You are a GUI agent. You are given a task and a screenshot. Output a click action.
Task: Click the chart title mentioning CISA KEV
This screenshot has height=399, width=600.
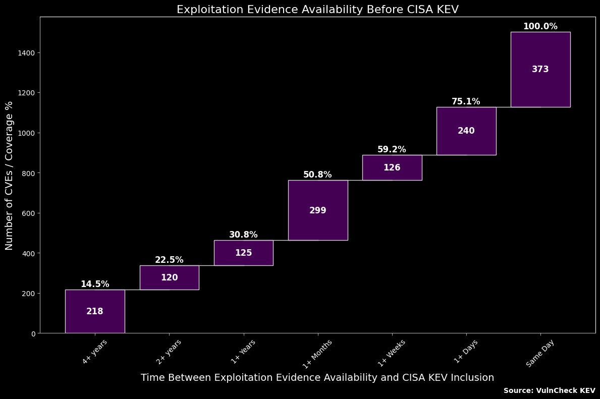pos(317,10)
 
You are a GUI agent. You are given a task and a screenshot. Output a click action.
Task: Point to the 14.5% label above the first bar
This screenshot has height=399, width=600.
pos(95,284)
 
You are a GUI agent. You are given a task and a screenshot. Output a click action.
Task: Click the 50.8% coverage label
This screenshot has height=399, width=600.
pos(317,175)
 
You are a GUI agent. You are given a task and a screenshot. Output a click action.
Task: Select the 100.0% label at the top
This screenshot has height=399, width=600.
pos(540,26)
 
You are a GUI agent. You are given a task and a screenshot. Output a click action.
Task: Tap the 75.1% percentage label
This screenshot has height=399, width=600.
pos(466,101)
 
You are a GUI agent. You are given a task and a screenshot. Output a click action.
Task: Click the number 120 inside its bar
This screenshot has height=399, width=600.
pos(169,277)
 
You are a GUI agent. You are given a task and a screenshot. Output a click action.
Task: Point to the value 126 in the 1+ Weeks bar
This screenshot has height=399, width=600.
pos(392,167)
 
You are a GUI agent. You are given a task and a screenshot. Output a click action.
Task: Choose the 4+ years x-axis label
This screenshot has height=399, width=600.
pos(94,352)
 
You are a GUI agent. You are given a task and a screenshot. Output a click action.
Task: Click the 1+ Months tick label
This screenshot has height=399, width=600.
pos(317,354)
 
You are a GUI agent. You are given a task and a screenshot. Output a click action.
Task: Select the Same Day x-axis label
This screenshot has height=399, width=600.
pos(540,353)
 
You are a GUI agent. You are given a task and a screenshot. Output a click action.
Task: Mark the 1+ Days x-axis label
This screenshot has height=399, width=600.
pos(466,352)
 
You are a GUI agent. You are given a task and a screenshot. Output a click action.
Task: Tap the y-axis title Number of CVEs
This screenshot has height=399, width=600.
pos(9,176)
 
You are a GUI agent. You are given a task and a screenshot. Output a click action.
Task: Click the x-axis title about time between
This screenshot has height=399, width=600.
pos(317,378)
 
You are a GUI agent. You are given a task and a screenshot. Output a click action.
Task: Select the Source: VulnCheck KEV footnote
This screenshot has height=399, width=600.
pos(549,390)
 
